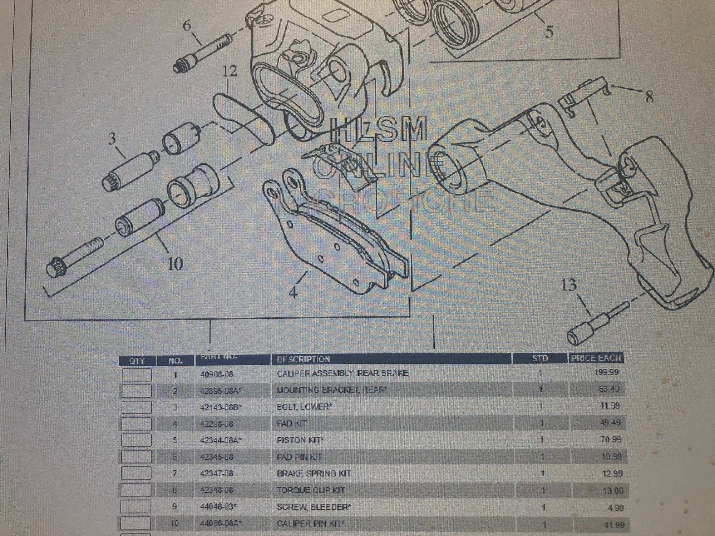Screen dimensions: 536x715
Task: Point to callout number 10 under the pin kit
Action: click(x=175, y=263)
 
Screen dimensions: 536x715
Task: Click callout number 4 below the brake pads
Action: click(x=293, y=293)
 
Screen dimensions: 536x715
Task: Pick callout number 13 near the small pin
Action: click(x=569, y=285)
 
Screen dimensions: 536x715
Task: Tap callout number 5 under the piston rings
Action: click(x=549, y=31)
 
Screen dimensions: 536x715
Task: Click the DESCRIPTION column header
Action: click(x=303, y=359)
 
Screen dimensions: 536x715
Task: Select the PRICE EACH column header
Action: click(x=596, y=358)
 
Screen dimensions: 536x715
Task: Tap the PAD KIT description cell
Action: click(x=291, y=423)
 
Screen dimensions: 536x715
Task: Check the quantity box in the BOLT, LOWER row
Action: click(x=136, y=407)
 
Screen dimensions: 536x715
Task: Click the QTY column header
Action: click(x=137, y=361)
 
